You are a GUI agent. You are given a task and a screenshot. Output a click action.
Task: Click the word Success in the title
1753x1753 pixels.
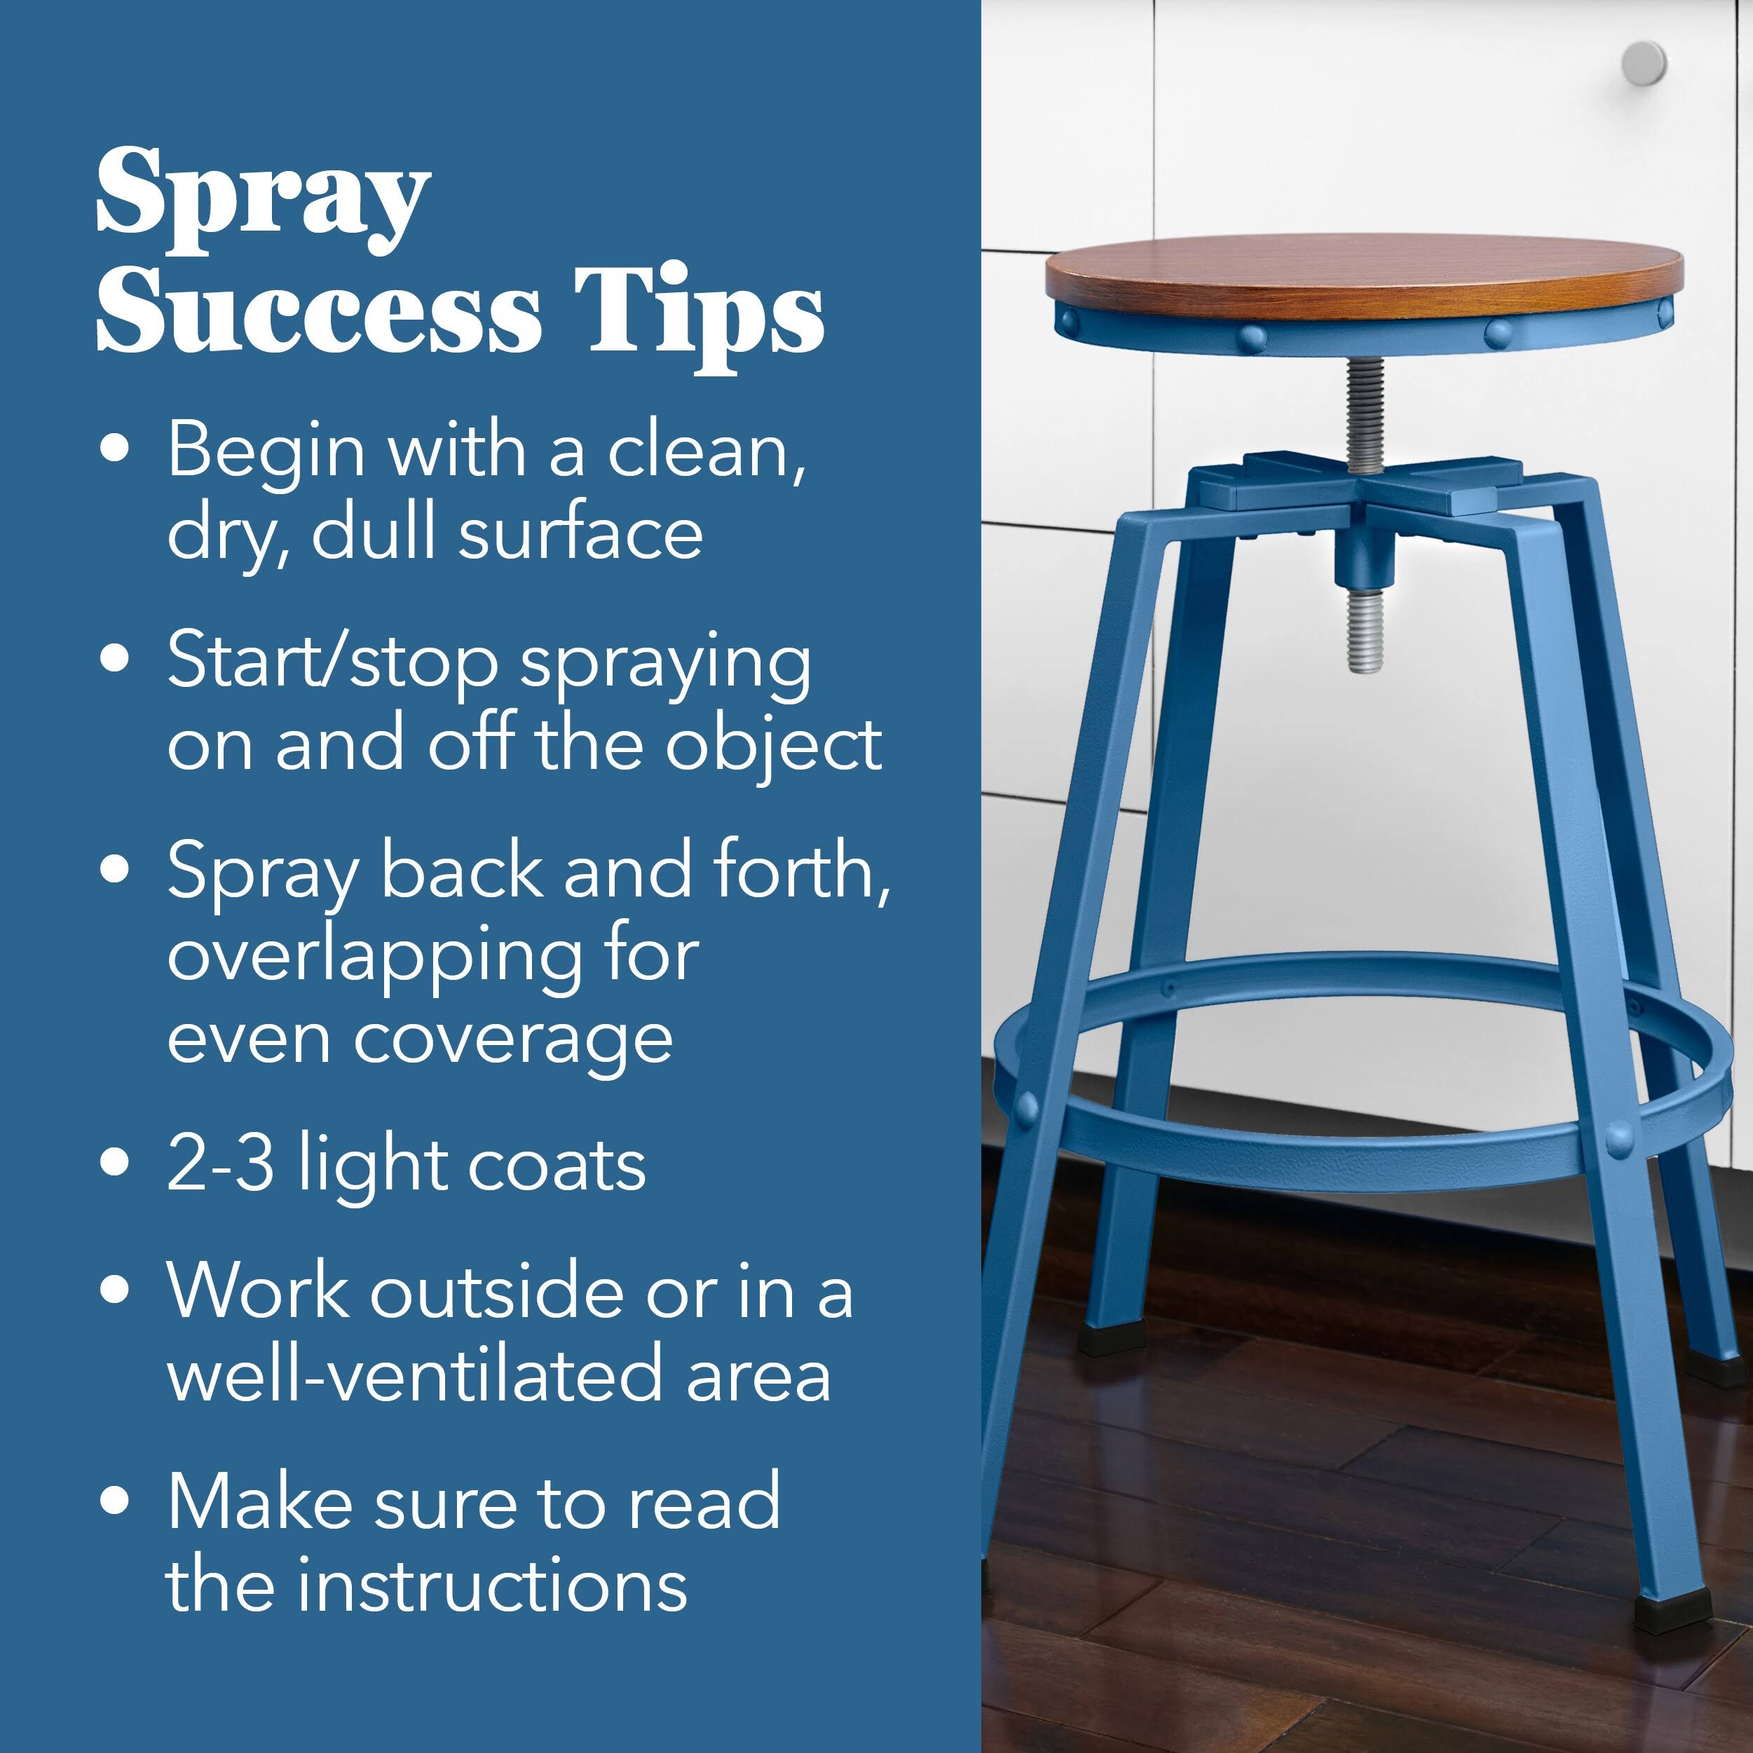318,313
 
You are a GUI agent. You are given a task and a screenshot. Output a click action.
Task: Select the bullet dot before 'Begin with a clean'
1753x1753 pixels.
114,449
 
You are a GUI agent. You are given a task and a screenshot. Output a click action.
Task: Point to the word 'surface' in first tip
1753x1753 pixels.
580,533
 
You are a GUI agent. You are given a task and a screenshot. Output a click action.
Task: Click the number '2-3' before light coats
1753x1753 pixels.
221,1164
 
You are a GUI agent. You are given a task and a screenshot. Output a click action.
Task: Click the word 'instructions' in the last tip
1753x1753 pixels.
495,1586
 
